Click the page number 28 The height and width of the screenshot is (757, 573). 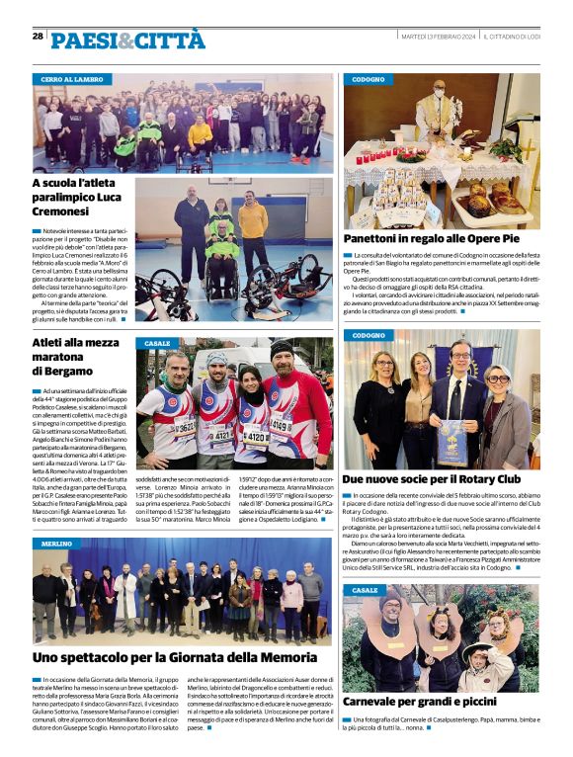[38, 37]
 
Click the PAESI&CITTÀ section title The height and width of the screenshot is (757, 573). [127, 40]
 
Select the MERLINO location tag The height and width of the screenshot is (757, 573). [57, 544]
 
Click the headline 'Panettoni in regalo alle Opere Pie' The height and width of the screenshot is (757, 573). [445, 239]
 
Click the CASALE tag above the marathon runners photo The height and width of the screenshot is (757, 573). [157, 343]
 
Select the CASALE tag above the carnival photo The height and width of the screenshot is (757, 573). [365, 590]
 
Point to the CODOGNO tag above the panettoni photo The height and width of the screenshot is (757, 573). [369, 78]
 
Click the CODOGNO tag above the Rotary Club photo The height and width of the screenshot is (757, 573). [369, 335]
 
